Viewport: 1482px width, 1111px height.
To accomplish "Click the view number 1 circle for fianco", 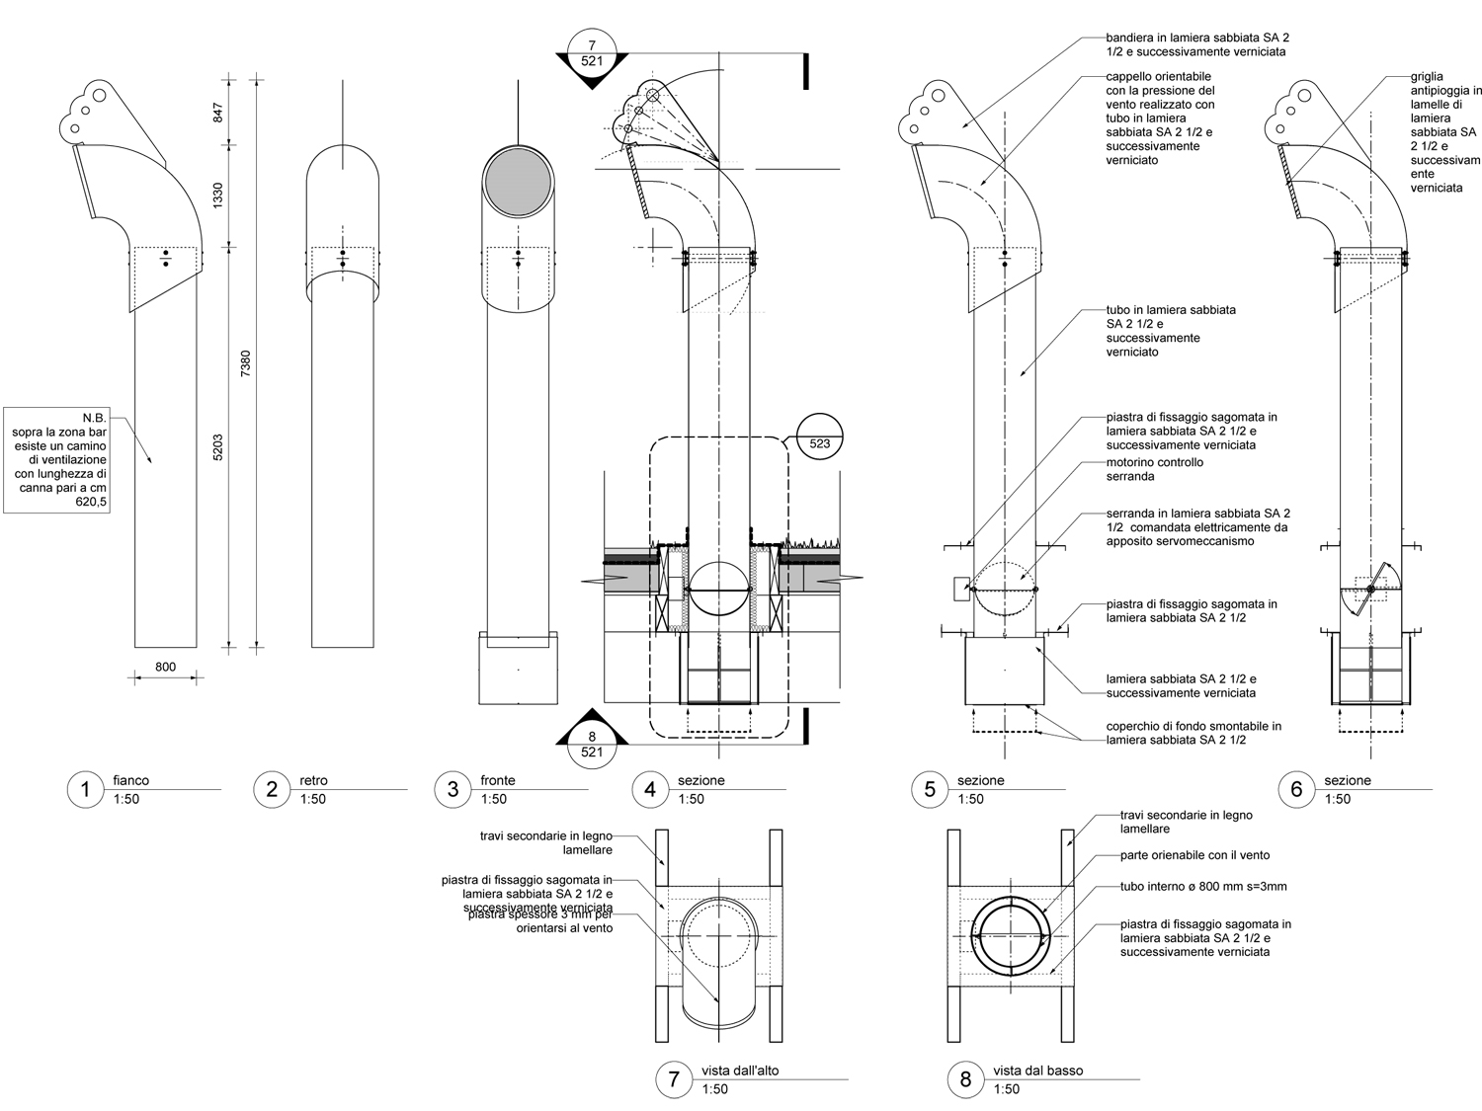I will click(86, 789).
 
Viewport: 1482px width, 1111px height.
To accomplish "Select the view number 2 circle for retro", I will click(272, 789).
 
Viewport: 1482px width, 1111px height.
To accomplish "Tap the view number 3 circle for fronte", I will click(453, 789).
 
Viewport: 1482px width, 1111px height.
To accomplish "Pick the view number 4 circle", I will click(650, 789).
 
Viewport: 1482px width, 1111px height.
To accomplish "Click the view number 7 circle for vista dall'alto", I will click(675, 1078).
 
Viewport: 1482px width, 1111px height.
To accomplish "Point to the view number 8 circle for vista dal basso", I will click(965, 1078).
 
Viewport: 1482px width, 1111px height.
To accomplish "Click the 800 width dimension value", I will click(165, 667).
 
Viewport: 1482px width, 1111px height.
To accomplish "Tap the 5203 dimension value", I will click(218, 447).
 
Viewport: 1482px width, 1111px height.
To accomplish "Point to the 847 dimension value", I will click(218, 111).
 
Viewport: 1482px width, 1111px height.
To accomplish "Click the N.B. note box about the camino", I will click(58, 459).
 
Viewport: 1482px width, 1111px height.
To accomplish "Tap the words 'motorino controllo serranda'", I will click(1154, 469).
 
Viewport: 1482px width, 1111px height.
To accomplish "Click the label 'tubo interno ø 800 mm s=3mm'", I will click(1203, 887).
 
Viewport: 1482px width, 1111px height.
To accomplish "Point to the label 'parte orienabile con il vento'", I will click(1194, 855).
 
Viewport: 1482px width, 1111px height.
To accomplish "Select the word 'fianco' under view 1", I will click(130, 780).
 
